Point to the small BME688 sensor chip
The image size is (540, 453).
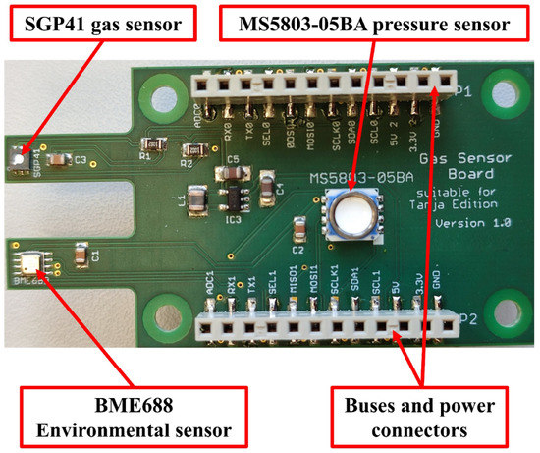[x=27, y=261]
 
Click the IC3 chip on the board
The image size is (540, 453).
[x=233, y=197]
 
